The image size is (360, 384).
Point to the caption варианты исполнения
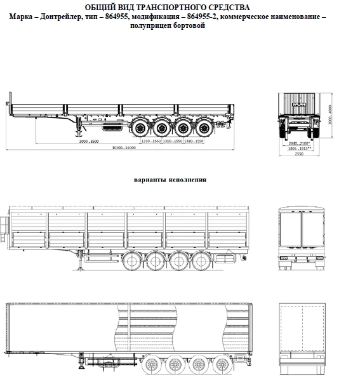click(x=170, y=180)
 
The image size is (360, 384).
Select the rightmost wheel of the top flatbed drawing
click(x=204, y=128)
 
